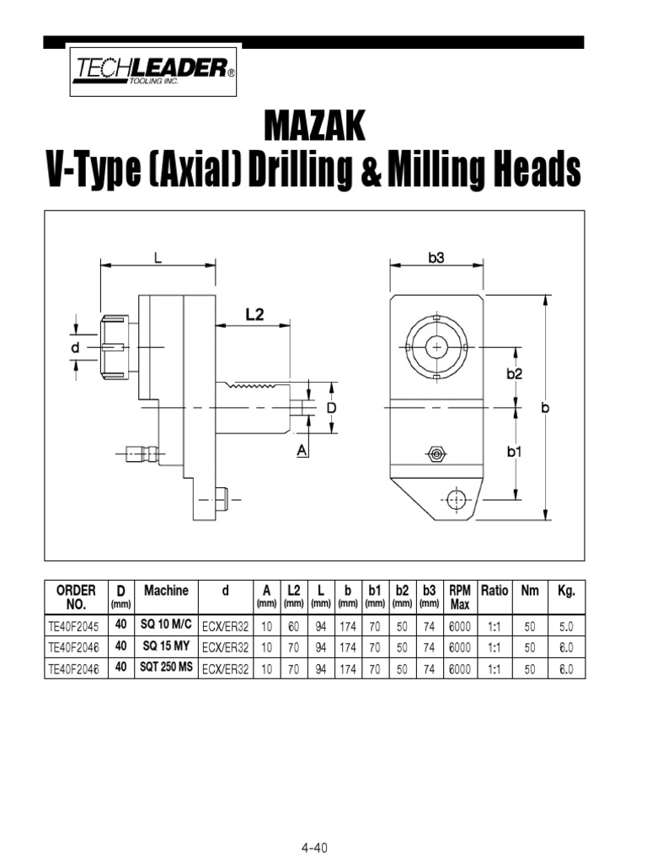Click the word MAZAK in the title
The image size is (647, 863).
coord(315,127)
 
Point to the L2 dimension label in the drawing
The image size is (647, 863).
coord(254,314)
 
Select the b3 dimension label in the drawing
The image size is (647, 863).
coord(436,259)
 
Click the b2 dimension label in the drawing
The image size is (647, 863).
coord(515,374)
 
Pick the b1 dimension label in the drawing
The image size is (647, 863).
coord(515,452)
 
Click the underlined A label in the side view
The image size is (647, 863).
coord(302,452)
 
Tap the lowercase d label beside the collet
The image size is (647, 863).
coord(75,347)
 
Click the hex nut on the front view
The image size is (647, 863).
coord(436,453)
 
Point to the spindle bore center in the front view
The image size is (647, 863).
coord(436,346)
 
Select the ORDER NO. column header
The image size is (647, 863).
coord(76,597)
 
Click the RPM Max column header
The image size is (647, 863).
coord(460,597)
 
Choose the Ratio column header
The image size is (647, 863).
coord(495,591)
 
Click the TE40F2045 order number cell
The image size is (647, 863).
coord(73,626)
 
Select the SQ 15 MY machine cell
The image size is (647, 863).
coord(166,647)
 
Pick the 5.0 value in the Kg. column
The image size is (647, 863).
coord(565,626)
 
